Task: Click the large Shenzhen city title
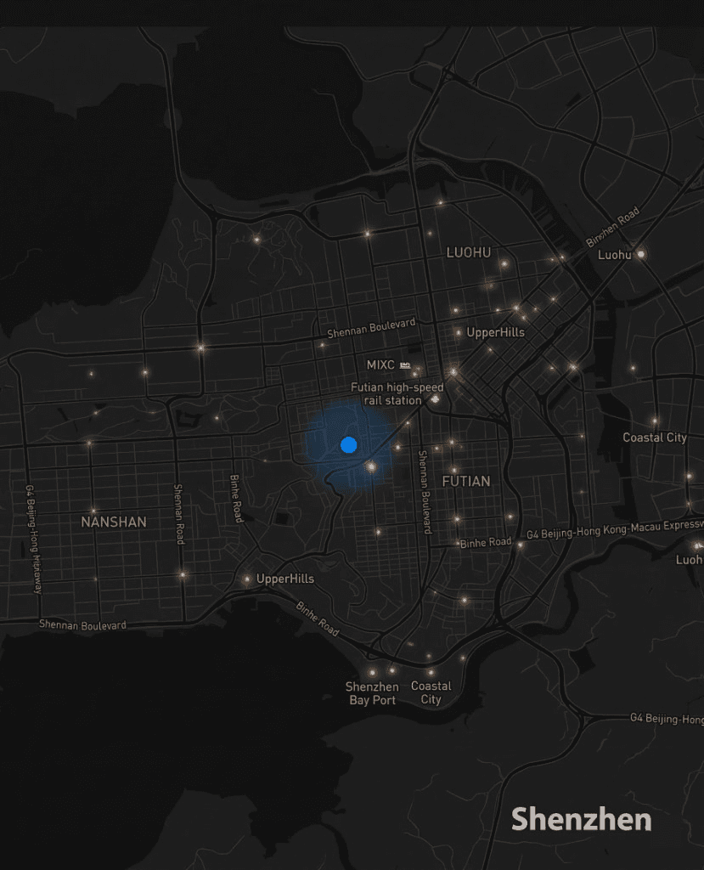(581, 819)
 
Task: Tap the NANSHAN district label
(114, 522)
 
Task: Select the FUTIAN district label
(466, 481)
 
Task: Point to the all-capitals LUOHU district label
(469, 252)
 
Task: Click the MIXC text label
(380, 365)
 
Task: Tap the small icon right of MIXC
(405, 365)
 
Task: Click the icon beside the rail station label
(436, 398)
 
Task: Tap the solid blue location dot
(348, 444)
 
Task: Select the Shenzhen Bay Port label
(372, 693)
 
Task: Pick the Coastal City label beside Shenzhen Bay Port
(431, 693)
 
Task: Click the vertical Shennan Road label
(178, 515)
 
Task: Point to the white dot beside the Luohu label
(642, 254)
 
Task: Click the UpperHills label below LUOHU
(496, 332)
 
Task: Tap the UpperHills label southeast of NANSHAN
(285, 579)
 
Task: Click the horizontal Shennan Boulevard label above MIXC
(372, 328)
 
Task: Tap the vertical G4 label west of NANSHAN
(33, 540)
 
